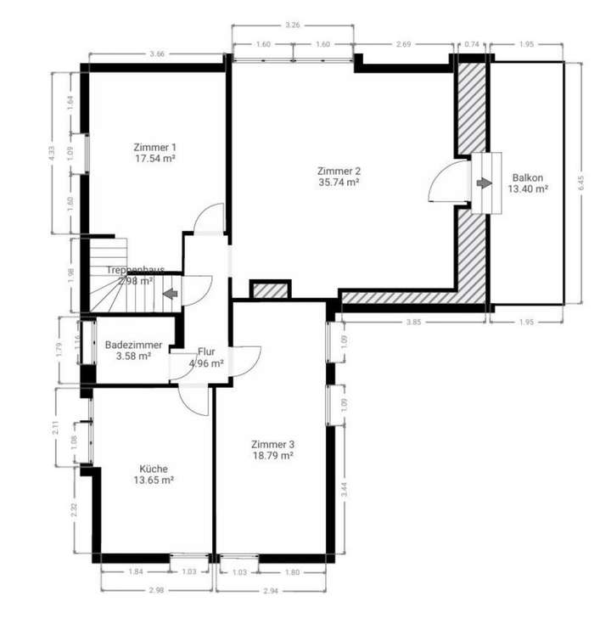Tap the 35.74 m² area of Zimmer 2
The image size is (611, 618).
339,181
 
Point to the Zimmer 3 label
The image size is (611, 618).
272,444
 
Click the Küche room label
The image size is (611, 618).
154,468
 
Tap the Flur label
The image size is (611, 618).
206,351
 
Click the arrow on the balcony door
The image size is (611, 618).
485,183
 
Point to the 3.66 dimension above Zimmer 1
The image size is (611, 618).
156,54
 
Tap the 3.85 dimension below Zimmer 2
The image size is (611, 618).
413,323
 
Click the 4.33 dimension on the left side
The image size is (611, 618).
53,153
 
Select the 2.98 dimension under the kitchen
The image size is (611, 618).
154,590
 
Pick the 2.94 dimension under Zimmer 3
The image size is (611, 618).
271,590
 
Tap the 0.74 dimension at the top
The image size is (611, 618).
473,44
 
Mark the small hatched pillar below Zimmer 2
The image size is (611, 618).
271,289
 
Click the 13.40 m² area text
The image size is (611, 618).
527,188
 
